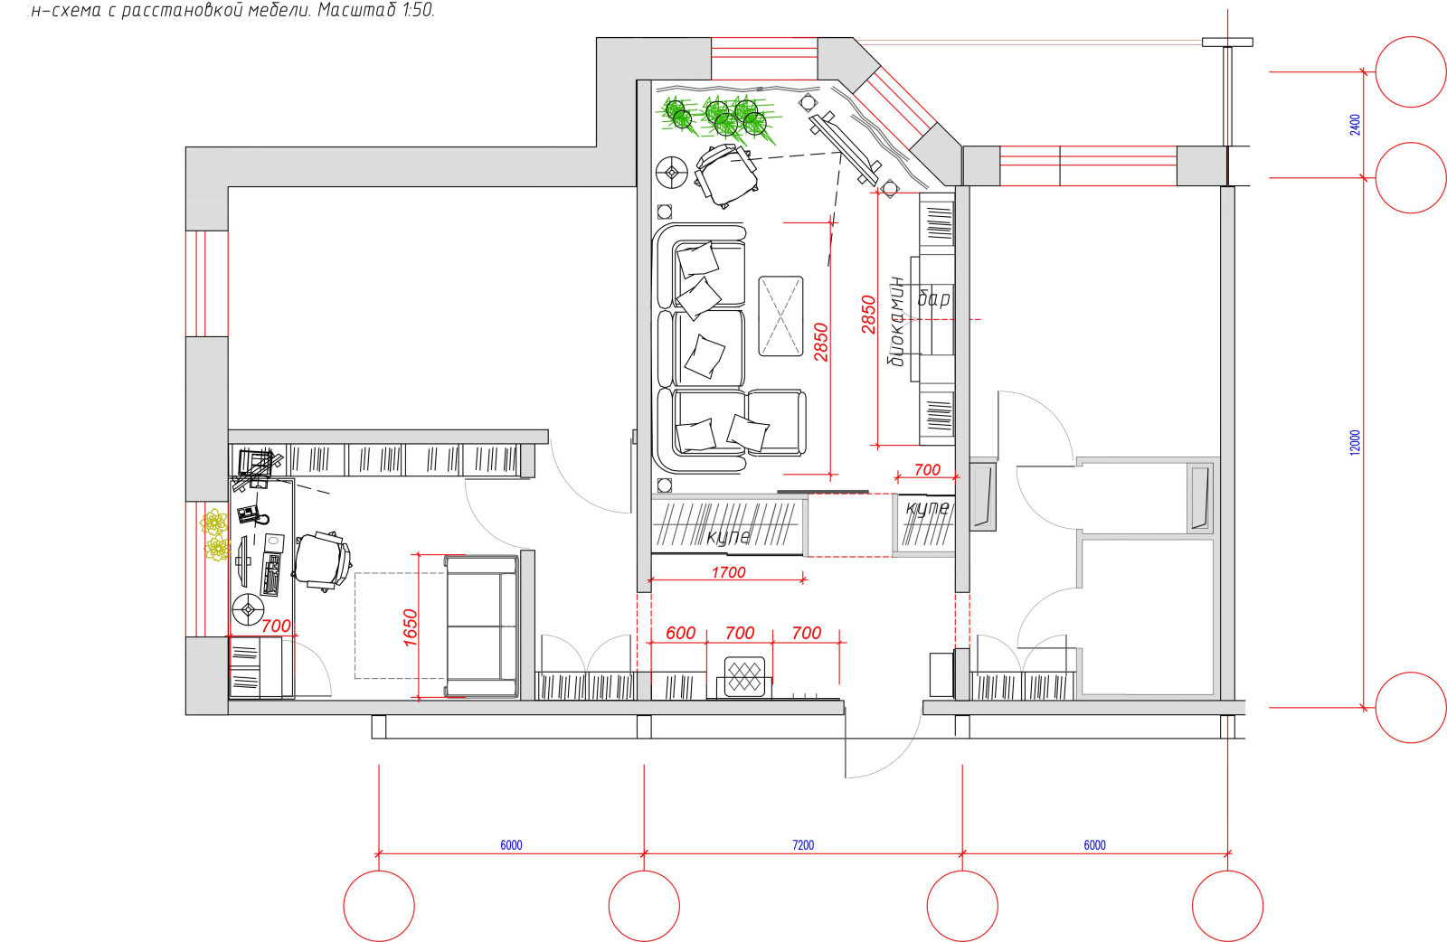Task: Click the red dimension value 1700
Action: point(728,572)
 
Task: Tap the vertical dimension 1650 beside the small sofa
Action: point(410,627)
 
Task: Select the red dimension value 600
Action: point(680,633)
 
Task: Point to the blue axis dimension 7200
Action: point(803,845)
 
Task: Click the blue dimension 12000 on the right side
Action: point(1356,442)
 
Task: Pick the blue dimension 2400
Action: point(1356,125)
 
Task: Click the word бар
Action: point(934,297)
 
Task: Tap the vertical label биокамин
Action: point(896,321)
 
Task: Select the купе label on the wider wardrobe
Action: point(729,536)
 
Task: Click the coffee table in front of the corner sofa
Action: point(781,316)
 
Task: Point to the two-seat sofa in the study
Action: point(482,626)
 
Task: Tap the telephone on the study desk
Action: point(252,513)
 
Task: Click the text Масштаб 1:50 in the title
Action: point(376,10)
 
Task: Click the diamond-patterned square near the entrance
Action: point(744,676)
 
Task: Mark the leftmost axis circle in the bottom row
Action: point(379,905)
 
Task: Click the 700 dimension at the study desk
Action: point(276,626)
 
